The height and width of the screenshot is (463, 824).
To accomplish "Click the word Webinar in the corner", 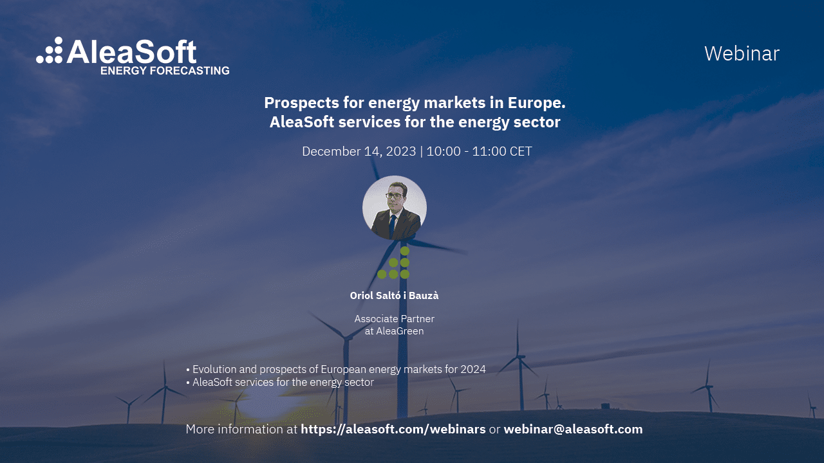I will [x=742, y=53].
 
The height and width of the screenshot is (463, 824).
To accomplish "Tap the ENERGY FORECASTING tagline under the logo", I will [x=165, y=70].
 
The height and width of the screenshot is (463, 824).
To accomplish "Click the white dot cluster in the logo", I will [x=50, y=51].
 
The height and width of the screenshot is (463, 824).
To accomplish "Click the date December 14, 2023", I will [x=359, y=152].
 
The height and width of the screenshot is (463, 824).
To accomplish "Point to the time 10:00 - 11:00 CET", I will [x=479, y=152].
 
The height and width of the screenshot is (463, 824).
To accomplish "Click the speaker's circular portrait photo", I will [x=395, y=208].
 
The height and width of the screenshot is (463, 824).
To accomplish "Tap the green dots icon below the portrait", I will [x=394, y=263].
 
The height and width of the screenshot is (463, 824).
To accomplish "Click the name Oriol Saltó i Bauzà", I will [x=394, y=296].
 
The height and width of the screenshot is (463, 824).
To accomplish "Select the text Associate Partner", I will [x=394, y=319].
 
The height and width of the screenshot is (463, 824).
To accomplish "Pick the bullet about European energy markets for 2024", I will [x=335, y=370].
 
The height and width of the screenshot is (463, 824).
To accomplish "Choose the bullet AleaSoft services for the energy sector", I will [x=280, y=383].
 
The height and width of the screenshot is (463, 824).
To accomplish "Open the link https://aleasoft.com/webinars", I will [x=393, y=430].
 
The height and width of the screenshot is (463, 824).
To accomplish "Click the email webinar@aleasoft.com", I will [x=573, y=430].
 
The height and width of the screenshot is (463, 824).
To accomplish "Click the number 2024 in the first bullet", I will [x=473, y=370].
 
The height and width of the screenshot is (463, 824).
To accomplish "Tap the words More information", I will [x=234, y=430].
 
